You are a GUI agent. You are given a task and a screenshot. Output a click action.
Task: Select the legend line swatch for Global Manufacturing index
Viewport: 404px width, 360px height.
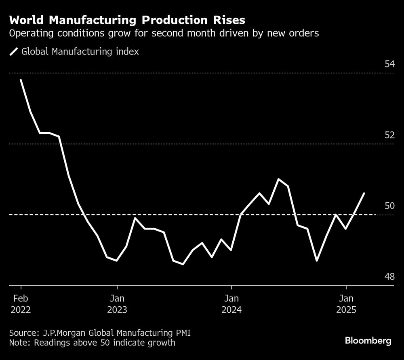(x=14, y=52)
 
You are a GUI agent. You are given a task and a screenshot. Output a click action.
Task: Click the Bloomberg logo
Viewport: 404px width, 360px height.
(x=368, y=341)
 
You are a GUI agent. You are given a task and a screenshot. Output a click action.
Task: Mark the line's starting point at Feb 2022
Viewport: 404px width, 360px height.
(x=21, y=80)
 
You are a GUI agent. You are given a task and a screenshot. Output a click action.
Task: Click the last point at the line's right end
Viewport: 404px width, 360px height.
(x=364, y=193)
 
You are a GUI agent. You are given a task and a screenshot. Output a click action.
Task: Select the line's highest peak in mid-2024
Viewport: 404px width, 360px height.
(x=278, y=179)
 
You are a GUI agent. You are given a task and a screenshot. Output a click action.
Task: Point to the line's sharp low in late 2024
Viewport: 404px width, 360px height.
(x=317, y=261)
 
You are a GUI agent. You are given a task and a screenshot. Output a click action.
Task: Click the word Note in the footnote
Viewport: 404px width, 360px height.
(x=18, y=343)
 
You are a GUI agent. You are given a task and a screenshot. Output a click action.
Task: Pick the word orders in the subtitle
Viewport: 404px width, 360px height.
(x=305, y=33)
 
